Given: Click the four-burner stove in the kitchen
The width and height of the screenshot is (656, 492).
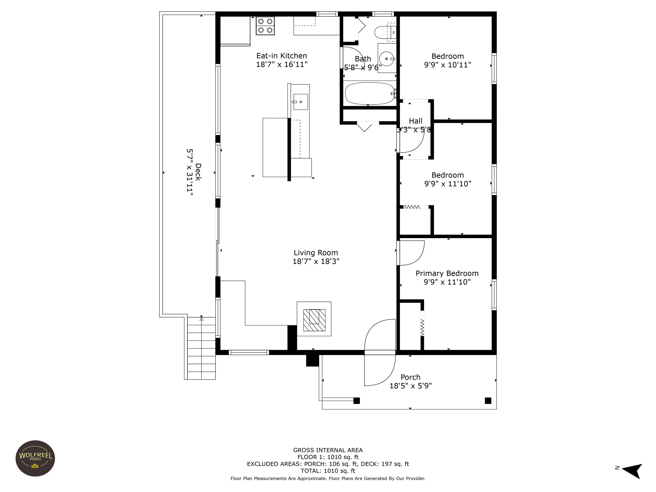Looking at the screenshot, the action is point(265,26).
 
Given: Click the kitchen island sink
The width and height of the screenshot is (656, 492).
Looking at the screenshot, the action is point(301,102).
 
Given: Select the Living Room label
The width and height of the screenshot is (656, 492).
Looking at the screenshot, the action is point(316,253).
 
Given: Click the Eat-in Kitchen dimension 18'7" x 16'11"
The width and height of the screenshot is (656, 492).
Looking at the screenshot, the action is point(282,64).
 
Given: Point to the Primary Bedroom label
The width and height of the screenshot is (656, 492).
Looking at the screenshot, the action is point(447,273).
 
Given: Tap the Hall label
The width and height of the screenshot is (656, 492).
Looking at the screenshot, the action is point(416,121).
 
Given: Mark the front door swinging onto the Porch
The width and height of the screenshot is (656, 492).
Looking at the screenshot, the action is point(380,368).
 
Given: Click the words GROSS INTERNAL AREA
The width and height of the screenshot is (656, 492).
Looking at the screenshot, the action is point(328,450).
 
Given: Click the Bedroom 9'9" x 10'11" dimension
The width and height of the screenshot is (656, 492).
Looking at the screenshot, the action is point(448,65).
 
